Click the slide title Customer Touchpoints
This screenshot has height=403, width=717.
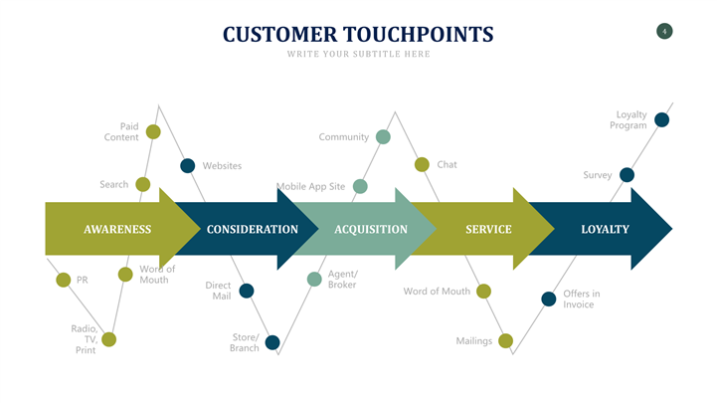point(358,34)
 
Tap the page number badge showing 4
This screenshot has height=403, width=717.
point(664,32)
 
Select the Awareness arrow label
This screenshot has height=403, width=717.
point(117,229)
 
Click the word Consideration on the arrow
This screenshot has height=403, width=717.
point(253,229)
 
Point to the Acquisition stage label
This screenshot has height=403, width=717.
point(371,229)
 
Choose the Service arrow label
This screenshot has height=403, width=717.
point(488,229)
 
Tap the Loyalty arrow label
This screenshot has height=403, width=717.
point(605,229)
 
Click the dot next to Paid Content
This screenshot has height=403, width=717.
point(153,131)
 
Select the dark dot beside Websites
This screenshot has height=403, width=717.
point(187,165)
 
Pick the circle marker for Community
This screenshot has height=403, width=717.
point(383,136)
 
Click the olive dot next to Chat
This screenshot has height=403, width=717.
point(422,164)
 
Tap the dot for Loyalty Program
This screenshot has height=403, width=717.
point(661,119)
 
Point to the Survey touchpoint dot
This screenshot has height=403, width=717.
point(627,175)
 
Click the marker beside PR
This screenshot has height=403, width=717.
point(64,280)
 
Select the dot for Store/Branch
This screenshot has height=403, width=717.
point(271,342)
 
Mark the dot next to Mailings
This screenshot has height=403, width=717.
point(505,340)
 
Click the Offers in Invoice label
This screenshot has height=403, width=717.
point(581,299)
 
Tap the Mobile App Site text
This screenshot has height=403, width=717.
point(310,186)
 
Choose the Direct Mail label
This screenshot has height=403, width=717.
point(219,291)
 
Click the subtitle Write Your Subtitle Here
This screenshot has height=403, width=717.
point(358,54)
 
